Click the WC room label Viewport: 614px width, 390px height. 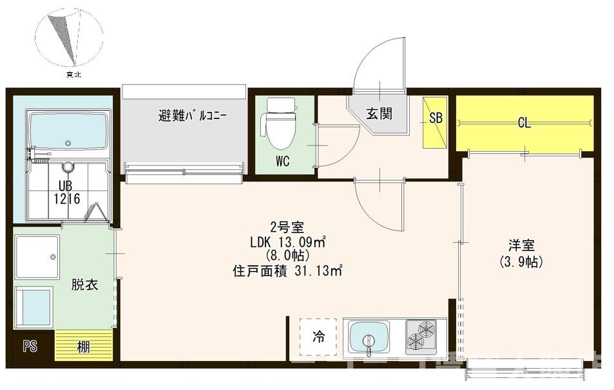282,162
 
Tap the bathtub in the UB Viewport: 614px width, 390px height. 67,131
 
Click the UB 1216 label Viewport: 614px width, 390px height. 66,193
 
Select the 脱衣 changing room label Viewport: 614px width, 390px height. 84,284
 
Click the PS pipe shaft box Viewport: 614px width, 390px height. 30,346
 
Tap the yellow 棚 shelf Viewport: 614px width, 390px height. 84,347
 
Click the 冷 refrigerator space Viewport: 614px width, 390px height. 319,337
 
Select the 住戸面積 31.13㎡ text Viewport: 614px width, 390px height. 287,271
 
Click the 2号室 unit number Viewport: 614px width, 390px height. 282,227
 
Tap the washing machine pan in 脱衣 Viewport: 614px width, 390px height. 37,257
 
